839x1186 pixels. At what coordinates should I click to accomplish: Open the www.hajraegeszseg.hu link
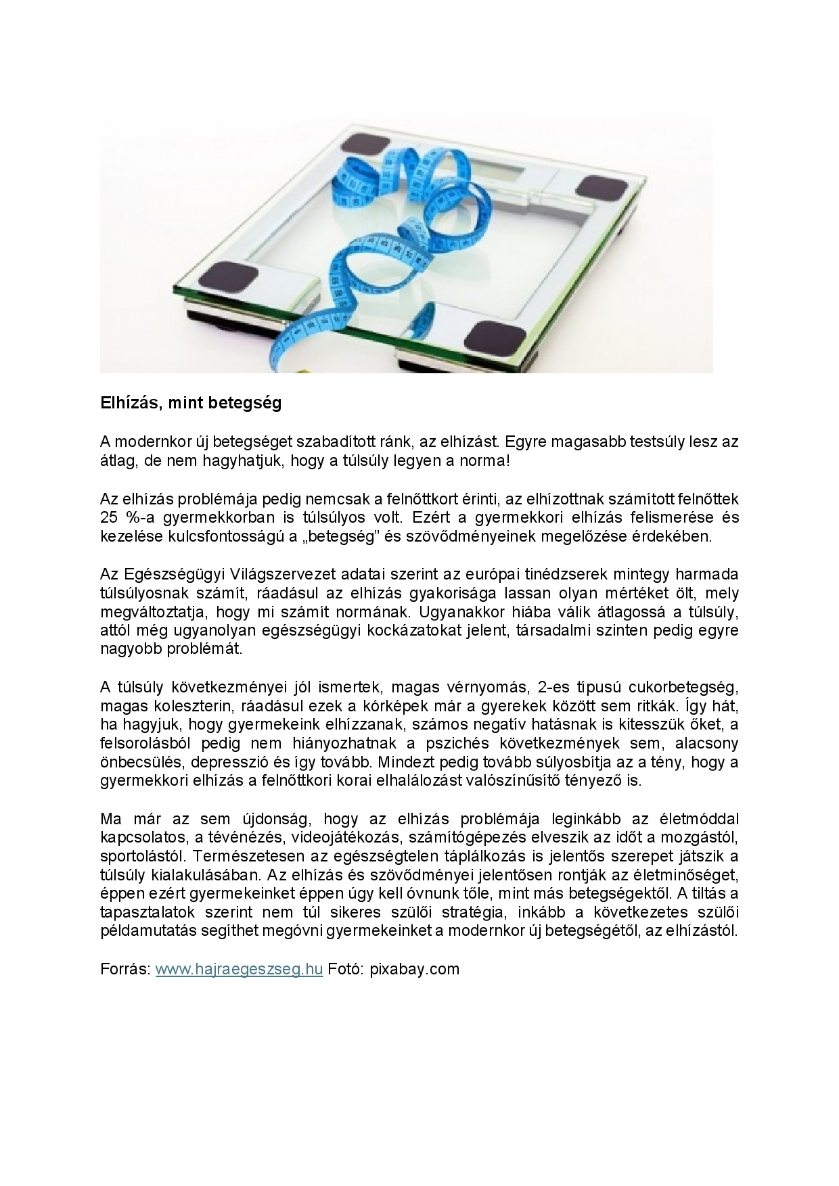point(239,969)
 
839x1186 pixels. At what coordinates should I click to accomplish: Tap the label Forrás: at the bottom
point(125,969)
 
